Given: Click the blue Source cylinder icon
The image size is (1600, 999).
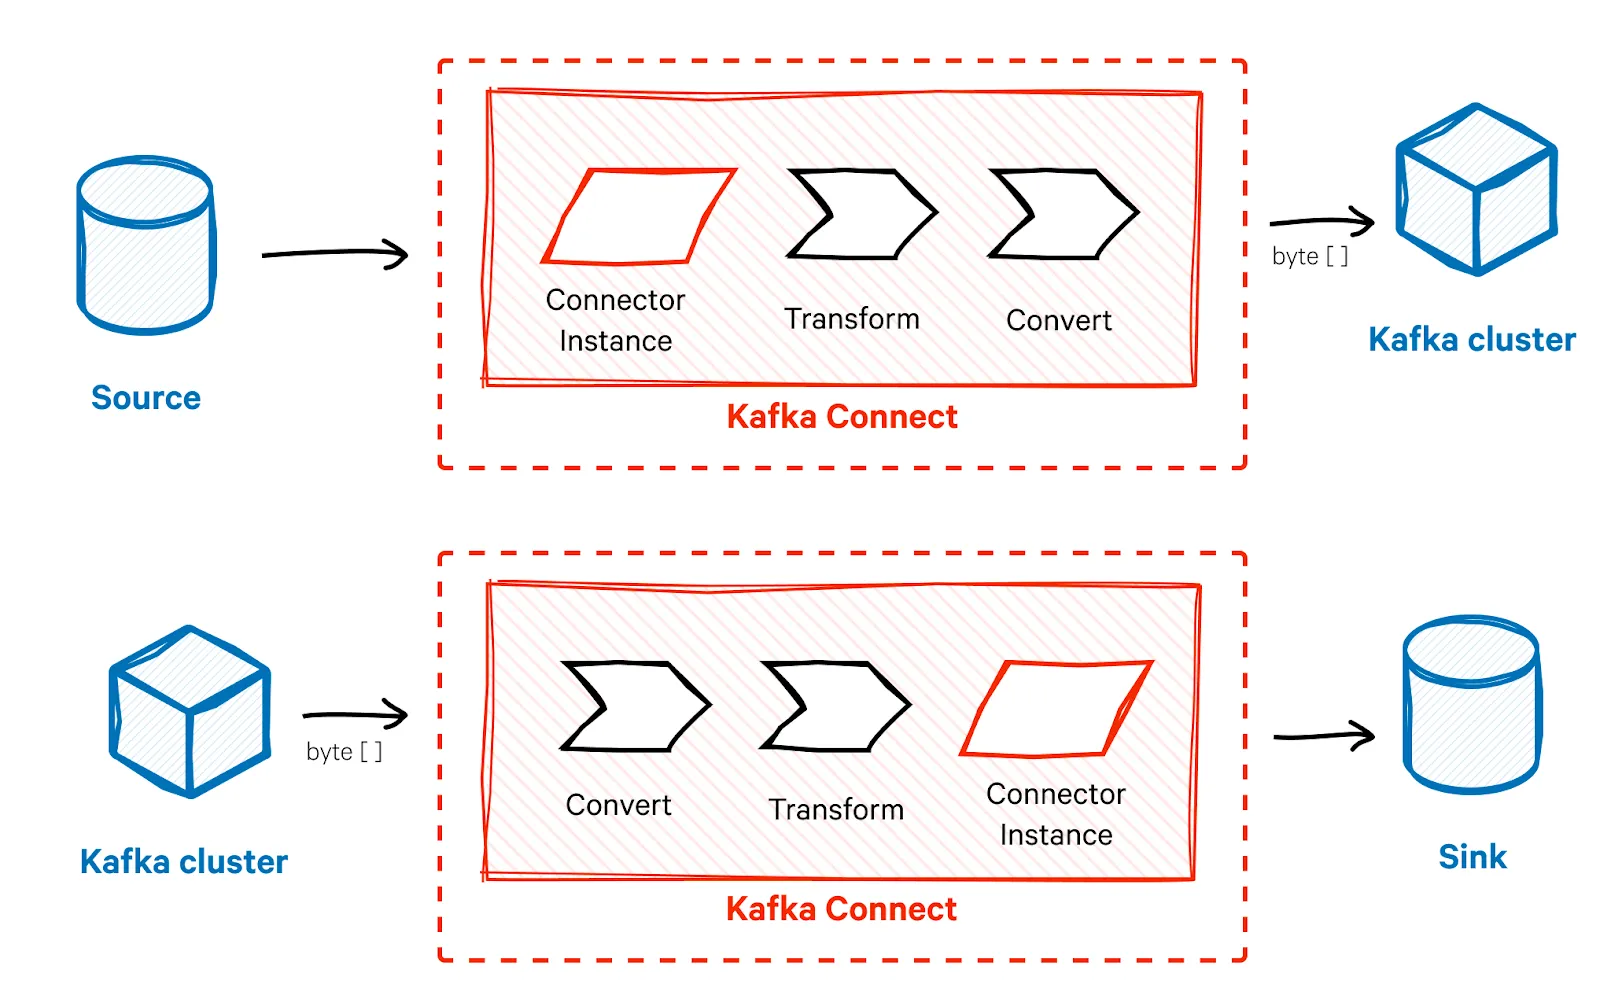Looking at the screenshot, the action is [146, 245].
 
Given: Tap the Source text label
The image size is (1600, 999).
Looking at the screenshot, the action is [146, 398].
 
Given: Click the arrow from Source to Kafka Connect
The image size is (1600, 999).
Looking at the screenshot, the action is [334, 253].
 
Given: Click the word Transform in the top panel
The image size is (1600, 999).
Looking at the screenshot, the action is [852, 318].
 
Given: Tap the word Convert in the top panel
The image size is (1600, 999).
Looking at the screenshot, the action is [1059, 320].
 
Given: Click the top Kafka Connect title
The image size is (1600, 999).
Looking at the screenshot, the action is [841, 416].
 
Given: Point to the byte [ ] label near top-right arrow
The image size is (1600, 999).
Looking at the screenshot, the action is [1310, 256].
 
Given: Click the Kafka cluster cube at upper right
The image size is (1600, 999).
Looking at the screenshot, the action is [1476, 189].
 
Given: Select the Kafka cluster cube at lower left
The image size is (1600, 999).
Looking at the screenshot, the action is [190, 711].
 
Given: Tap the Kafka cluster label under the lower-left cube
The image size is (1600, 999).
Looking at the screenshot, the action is [184, 861].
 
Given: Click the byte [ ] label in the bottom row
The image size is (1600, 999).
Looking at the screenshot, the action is [344, 751].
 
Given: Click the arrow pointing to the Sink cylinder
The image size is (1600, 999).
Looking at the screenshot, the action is [1324, 736].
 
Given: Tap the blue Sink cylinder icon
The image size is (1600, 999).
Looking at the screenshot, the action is [1472, 705].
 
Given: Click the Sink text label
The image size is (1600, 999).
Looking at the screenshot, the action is [1472, 857].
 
